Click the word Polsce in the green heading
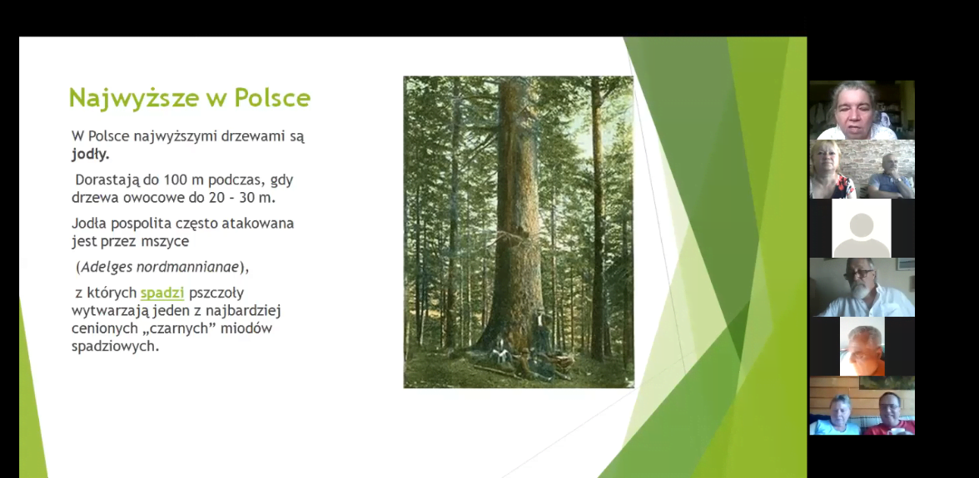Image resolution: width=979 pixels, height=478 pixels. [272, 97]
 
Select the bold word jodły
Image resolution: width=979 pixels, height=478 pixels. [91, 154]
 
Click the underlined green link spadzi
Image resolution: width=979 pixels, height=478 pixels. [162, 293]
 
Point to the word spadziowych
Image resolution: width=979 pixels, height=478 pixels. [115, 347]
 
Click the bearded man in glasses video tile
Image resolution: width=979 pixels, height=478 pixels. [862, 288]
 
